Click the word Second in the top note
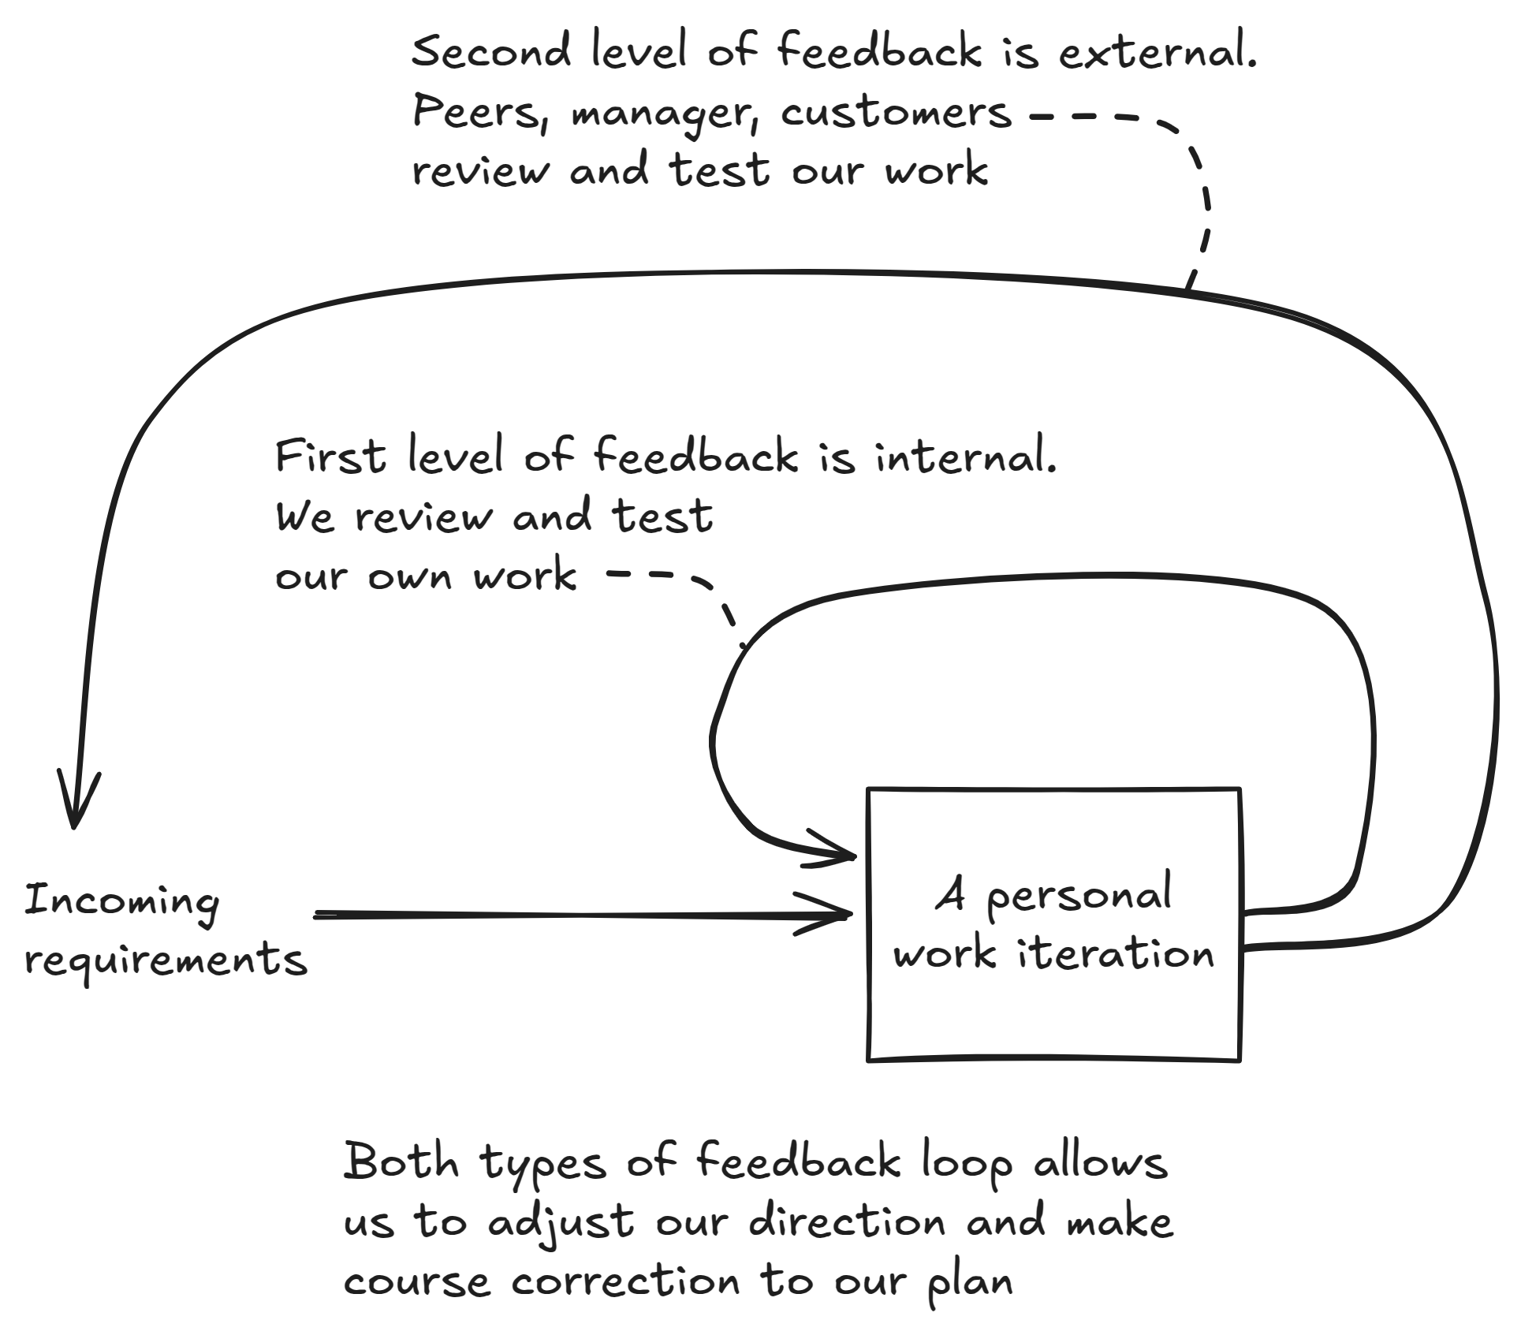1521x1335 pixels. click(490, 52)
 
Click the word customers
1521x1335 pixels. click(896, 112)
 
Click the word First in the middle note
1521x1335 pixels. click(330, 457)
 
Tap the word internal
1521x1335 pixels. click(965, 457)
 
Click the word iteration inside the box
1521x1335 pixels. click(1115, 954)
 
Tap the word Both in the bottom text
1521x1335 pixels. click(401, 1162)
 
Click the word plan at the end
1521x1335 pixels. click(969, 1281)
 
